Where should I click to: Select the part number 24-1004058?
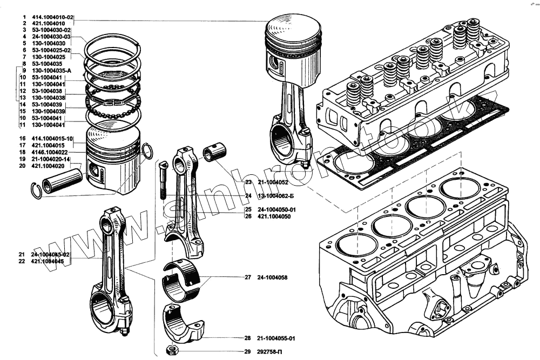[273, 277]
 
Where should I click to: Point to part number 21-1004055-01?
[276, 338]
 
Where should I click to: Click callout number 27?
[247, 277]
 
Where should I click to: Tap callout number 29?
[247, 352]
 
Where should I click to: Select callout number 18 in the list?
[23, 153]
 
